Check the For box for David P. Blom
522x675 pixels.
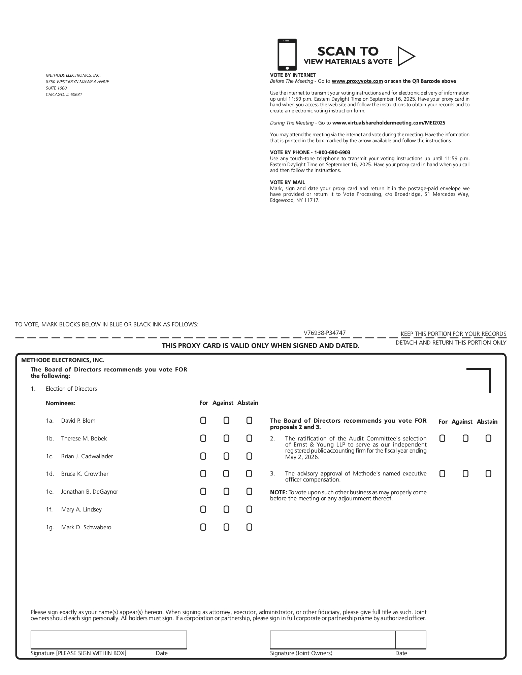pos(203,421)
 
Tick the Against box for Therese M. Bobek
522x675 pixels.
pos(226,438)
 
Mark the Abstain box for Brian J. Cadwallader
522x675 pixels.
pos(249,456)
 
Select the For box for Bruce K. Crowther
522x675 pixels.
pos(203,474)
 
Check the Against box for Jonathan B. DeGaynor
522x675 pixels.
pos(226,492)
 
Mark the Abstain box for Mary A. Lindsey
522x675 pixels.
pos(249,509)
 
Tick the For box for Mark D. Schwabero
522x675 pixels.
pos(203,527)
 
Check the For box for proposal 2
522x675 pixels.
pos(443,438)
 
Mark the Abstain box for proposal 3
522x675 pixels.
pos(488,474)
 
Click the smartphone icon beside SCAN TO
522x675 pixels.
pos(287,55)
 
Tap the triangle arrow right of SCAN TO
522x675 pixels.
pos(405,56)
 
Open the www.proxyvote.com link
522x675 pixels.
pos(357,81)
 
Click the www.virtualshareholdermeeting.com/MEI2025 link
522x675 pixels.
pos(389,123)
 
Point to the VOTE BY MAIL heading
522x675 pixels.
pos(287,182)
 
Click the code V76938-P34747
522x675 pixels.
pos(324,333)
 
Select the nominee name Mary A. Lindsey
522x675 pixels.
pos(81,509)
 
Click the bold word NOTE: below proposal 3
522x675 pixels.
pos(278,492)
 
